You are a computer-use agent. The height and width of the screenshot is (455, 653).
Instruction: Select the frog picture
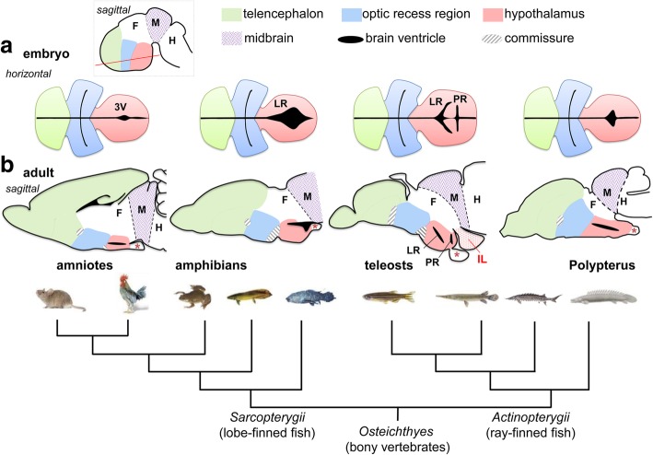pos(192,298)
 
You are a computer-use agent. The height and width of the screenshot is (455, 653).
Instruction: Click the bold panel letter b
pos(8,169)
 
